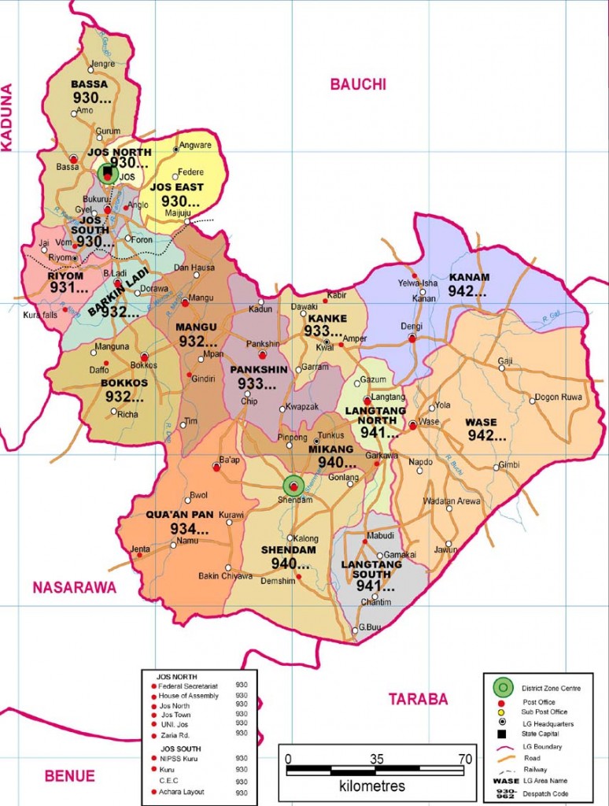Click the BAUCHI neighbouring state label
pos(357,85)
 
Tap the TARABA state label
pos(418,699)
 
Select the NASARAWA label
pos(74,586)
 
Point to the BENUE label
pos(69,775)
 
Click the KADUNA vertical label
pos(9,117)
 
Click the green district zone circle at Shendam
pos(293,486)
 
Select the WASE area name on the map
pos(481,421)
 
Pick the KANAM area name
pos(469,277)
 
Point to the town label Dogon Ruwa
pos(558,397)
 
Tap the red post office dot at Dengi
pos(412,338)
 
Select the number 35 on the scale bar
pos(376,759)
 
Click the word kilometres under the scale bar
pos(372,786)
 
